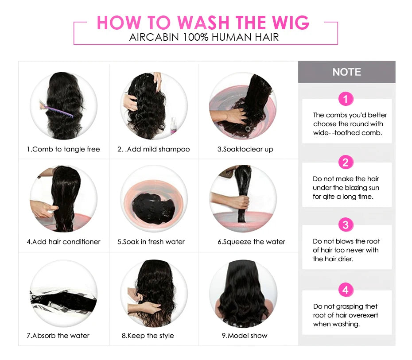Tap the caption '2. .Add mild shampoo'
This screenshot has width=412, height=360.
tap(153, 149)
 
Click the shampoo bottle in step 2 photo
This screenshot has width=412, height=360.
tap(173, 125)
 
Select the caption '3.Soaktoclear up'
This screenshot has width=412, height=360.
tap(245, 149)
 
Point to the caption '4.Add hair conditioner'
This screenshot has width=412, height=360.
tap(63, 242)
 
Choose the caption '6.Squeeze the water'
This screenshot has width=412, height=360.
tap(251, 242)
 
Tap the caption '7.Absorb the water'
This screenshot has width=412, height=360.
tap(58, 336)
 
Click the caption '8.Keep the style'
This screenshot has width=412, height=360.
tap(148, 336)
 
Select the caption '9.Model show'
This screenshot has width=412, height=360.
tap(245, 336)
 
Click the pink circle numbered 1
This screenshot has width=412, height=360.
tap(346, 98)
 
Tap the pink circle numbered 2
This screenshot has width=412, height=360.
tap(346, 162)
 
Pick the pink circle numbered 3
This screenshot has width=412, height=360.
tap(346, 225)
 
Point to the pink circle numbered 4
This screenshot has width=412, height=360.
tap(346, 290)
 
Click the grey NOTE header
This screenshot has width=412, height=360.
tap(346, 72)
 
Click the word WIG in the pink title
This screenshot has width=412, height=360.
tap(288, 23)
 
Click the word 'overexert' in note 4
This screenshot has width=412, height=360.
tap(363, 315)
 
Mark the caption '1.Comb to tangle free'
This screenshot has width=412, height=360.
tap(63, 149)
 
